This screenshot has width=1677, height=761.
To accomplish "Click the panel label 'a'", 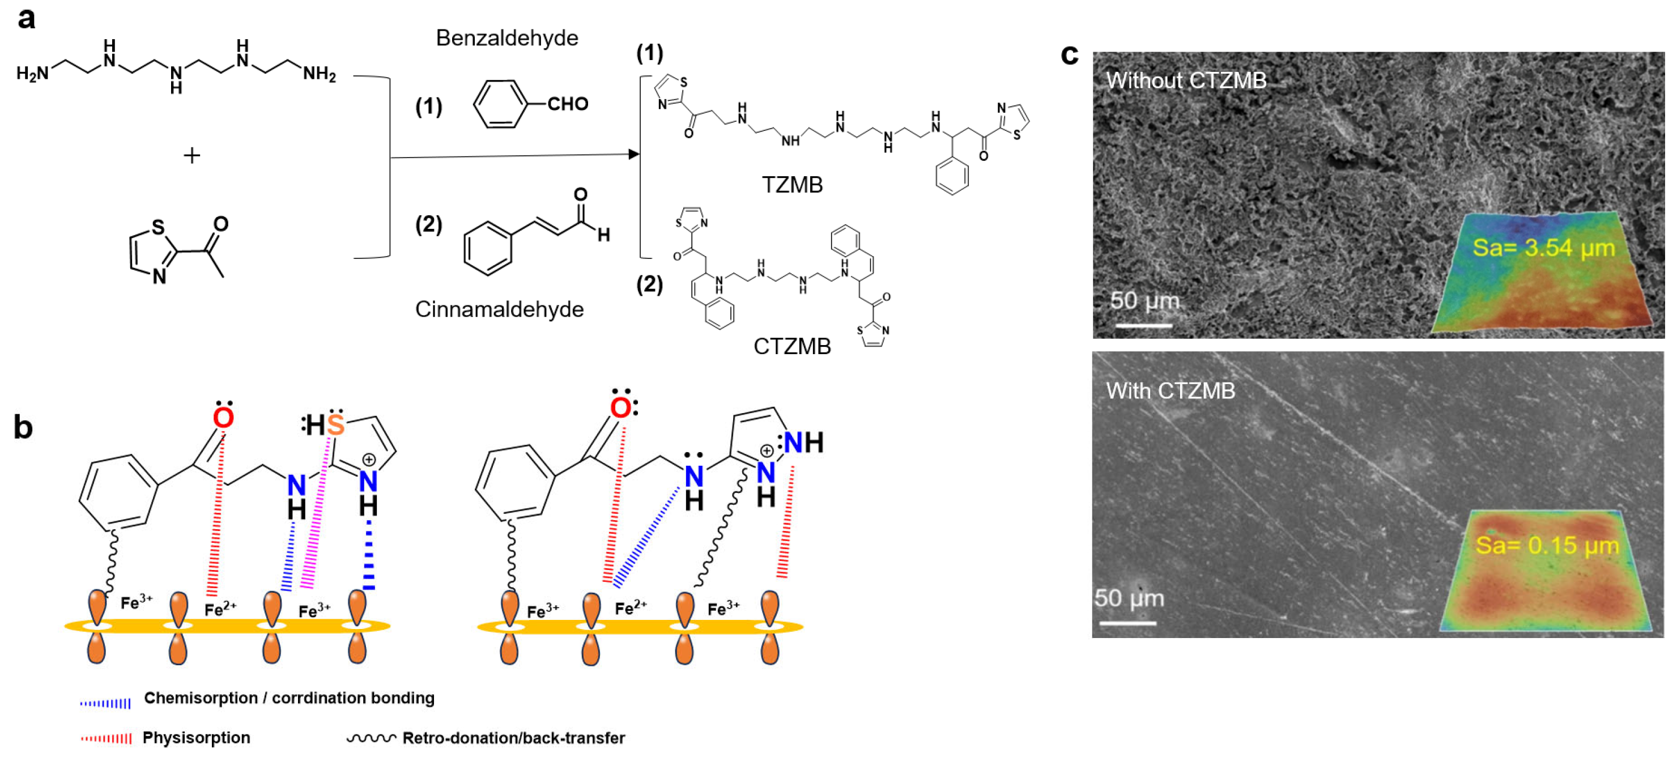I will (26, 18).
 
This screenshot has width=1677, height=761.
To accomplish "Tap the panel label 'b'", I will (23, 428).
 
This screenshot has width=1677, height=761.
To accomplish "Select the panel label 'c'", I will (1069, 55).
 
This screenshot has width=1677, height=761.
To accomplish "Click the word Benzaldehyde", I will (506, 38).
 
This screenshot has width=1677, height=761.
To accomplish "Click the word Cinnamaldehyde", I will (499, 309).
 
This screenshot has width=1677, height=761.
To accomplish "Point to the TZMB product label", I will (791, 185).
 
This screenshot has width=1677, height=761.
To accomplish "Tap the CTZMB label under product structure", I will (791, 346).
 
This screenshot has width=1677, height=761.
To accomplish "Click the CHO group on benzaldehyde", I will (567, 104).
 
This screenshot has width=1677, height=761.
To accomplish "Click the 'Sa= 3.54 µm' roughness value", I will (1543, 248).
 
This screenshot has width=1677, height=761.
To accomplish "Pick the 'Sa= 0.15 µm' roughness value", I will (1547, 545).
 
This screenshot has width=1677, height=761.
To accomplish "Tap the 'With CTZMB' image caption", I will (1170, 390).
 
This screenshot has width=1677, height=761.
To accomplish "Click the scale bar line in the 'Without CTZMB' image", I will (1143, 325).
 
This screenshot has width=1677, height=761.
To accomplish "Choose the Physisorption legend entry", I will (196, 738).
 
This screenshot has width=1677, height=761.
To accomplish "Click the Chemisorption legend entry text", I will (289, 698).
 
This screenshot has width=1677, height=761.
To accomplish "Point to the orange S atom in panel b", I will (336, 425).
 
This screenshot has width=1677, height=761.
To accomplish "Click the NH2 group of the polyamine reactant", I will (319, 74).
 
